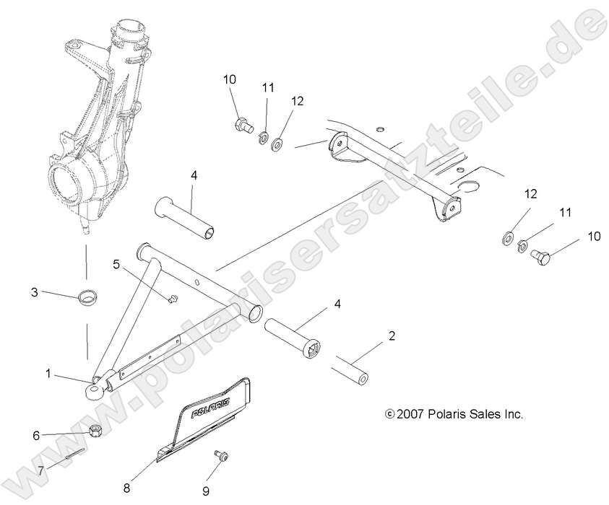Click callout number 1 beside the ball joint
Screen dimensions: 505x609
(x=48, y=374)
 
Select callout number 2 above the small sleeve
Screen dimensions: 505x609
(x=392, y=335)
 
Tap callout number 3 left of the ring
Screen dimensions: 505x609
(x=34, y=292)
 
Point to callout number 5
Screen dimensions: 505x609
(x=116, y=264)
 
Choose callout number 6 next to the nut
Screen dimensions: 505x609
(x=36, y=435)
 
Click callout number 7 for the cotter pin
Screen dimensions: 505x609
(x=41, y=469)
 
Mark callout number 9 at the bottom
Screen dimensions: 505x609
(x=205, y=491)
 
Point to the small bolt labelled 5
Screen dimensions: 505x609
(x=171, y=299)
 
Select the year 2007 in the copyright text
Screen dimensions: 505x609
(x=411, y=414)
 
